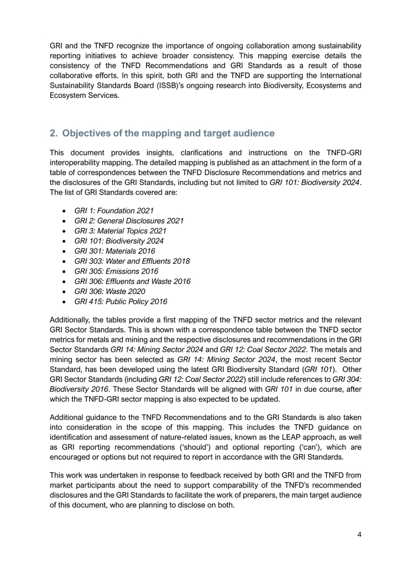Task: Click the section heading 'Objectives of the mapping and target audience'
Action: pos(168,133)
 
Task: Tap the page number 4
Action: pos(359,534)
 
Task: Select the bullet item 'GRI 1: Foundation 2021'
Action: pos(114,211)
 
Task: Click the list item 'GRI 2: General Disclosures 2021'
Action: pos(129,221)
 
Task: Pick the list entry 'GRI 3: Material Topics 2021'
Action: pos(120,231)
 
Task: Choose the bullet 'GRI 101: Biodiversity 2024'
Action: pos(119,241)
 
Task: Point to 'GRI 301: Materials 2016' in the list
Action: pos(115,251)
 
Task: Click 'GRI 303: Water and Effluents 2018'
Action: pos(132,261)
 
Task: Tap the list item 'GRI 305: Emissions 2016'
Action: pos(116,271)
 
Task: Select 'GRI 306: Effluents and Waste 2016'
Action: pos(132,281)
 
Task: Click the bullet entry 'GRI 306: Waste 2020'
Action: pos(109,292)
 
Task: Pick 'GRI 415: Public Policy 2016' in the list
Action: pos(121,302)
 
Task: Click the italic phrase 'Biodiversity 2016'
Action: pos(79,389)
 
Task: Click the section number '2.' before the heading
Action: pos(54,133)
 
